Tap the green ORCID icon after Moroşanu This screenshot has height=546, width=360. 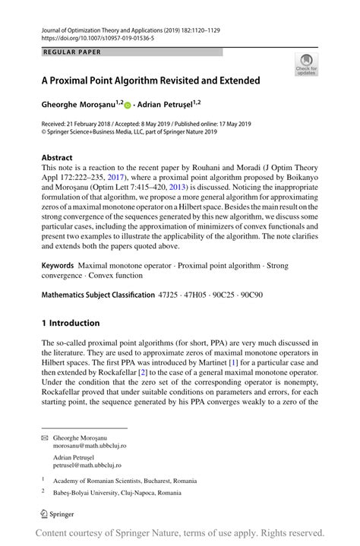click(128, 105)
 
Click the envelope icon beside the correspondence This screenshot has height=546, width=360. click(46, 438)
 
